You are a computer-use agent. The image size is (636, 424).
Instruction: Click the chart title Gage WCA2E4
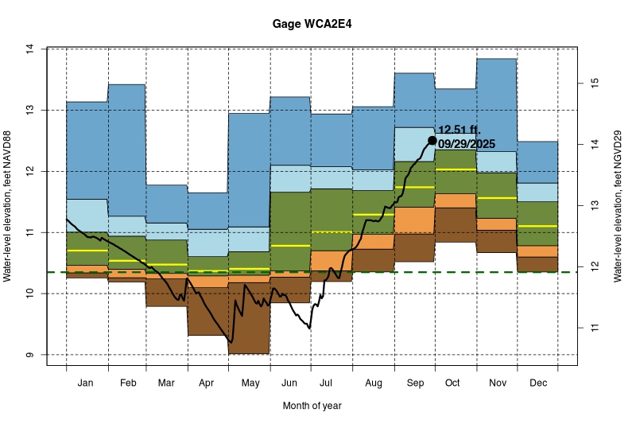(318, 24)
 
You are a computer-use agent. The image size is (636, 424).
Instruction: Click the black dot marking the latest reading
(432, 140)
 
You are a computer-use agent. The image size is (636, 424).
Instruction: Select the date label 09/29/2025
(467, 144)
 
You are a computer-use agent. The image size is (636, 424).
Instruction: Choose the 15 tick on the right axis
(592, 83)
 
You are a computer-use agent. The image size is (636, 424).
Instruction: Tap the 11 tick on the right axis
(592, 327)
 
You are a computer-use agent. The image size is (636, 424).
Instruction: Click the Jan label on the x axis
(87, 383)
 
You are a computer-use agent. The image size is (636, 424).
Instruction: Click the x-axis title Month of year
(312, 406)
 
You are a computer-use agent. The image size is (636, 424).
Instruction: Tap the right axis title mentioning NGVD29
(618, 207)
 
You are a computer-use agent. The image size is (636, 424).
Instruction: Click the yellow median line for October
(456, 169)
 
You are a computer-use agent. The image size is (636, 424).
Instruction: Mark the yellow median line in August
(374, 215)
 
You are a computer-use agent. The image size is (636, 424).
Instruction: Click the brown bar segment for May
(249, 318)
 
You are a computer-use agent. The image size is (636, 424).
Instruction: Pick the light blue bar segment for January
(87, 215)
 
